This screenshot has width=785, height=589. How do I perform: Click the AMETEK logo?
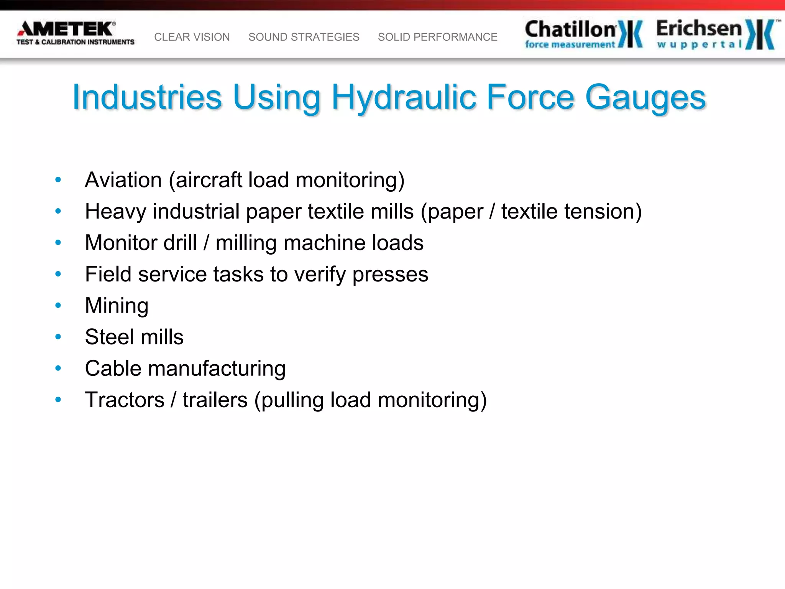pos(75,33)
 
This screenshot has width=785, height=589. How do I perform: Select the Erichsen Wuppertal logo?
pos(715,34)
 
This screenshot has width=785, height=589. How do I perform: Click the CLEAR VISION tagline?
pos(192,37)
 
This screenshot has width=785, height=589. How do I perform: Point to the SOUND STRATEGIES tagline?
pos(304,37)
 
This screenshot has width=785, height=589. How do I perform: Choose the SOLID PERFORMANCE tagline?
pos(437,37)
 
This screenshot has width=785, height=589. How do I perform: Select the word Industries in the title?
pos(147,97)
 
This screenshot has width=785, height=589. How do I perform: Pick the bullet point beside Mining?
pos(58,306)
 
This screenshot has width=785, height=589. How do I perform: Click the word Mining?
pos(117,306)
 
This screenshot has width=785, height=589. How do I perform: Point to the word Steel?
pos(107,337)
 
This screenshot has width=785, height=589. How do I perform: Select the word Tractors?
pos(125,400)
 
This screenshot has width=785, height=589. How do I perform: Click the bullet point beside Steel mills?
pos(58,337)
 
